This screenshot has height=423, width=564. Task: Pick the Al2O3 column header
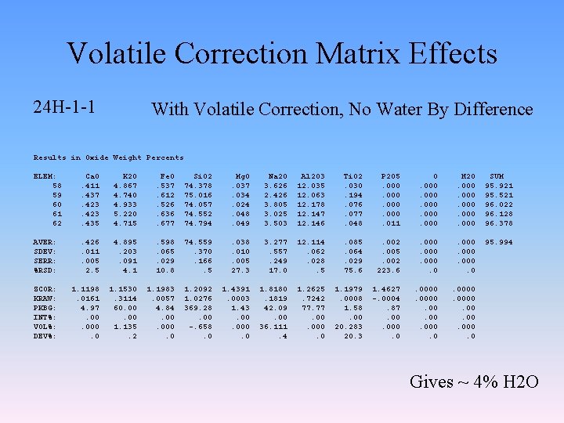click(x=313, y=177)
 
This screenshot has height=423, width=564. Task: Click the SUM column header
click(x=497, y=177)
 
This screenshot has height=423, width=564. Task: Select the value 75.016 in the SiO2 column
click(x=197, y=195)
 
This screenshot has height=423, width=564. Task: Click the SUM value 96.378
click(x=500, y=223)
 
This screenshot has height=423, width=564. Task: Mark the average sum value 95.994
click(x=500, y=242)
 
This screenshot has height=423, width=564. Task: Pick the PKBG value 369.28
click(x=197, y=308)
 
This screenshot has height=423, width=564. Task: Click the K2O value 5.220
click(x=126, y=214)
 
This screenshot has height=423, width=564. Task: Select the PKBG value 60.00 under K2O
click(x=126, y=308)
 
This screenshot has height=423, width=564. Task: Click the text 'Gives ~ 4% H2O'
click(x=474, y=382)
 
